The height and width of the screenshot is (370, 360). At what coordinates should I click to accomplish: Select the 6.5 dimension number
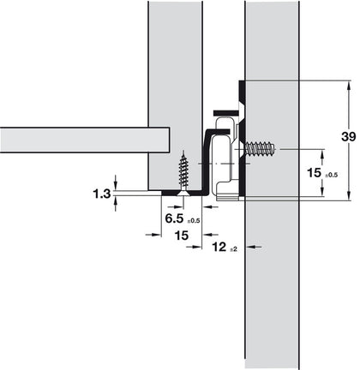[x=172, y=218]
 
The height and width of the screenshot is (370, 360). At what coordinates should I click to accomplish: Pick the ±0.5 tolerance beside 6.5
[x=193, y=221]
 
